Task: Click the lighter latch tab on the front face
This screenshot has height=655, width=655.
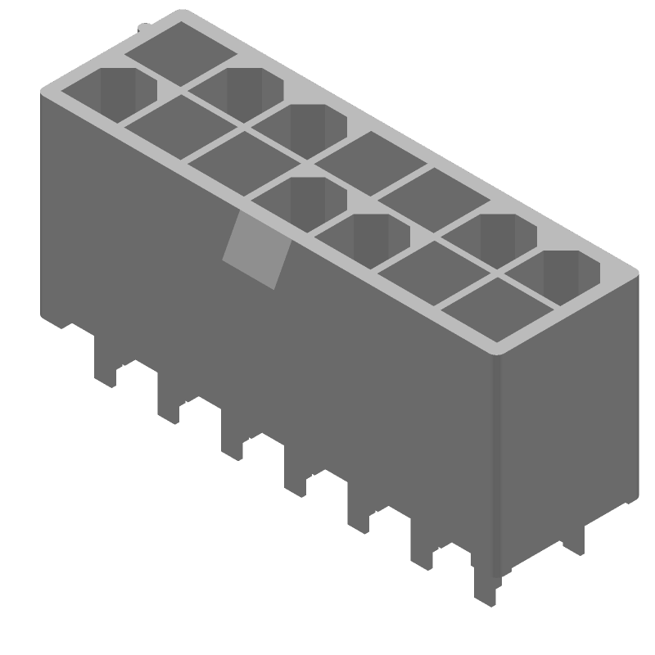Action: pyautogui.click(x=255, y=251)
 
